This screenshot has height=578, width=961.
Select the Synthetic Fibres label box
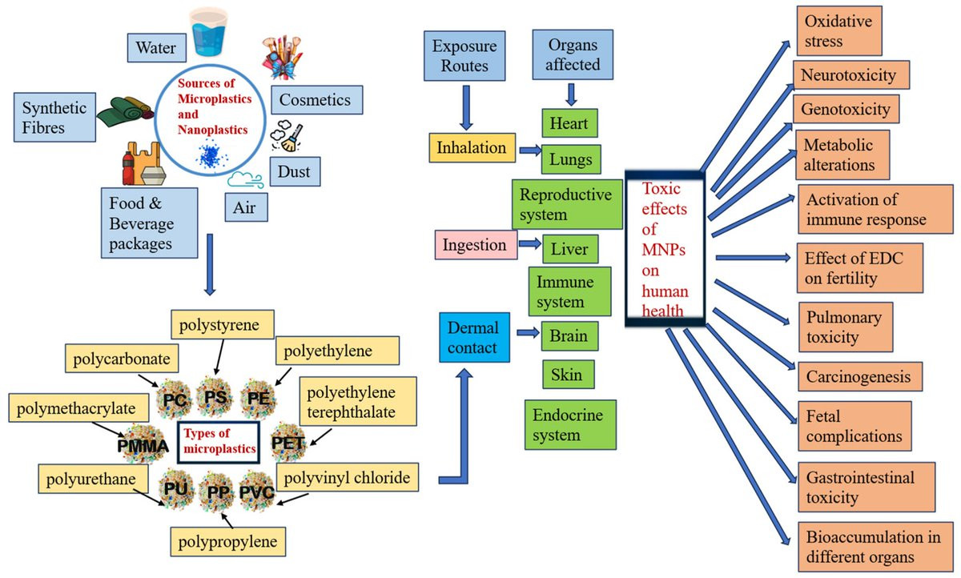[x=54, y=117]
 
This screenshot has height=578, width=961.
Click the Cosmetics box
[x=316, y=100]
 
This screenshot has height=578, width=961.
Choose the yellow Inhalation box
[x=471, y=148]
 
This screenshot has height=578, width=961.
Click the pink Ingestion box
[x=476, y=245]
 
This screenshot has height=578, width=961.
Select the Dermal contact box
[x=474, y=338]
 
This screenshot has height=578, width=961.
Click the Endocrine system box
[x=569, y=424]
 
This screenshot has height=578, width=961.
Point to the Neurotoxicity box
[x=854, y=75]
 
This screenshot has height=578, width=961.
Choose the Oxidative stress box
[x=838, y=30]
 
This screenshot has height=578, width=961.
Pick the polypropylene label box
[x=228, y=542]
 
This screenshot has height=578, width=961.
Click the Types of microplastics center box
[x=219, y=440]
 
